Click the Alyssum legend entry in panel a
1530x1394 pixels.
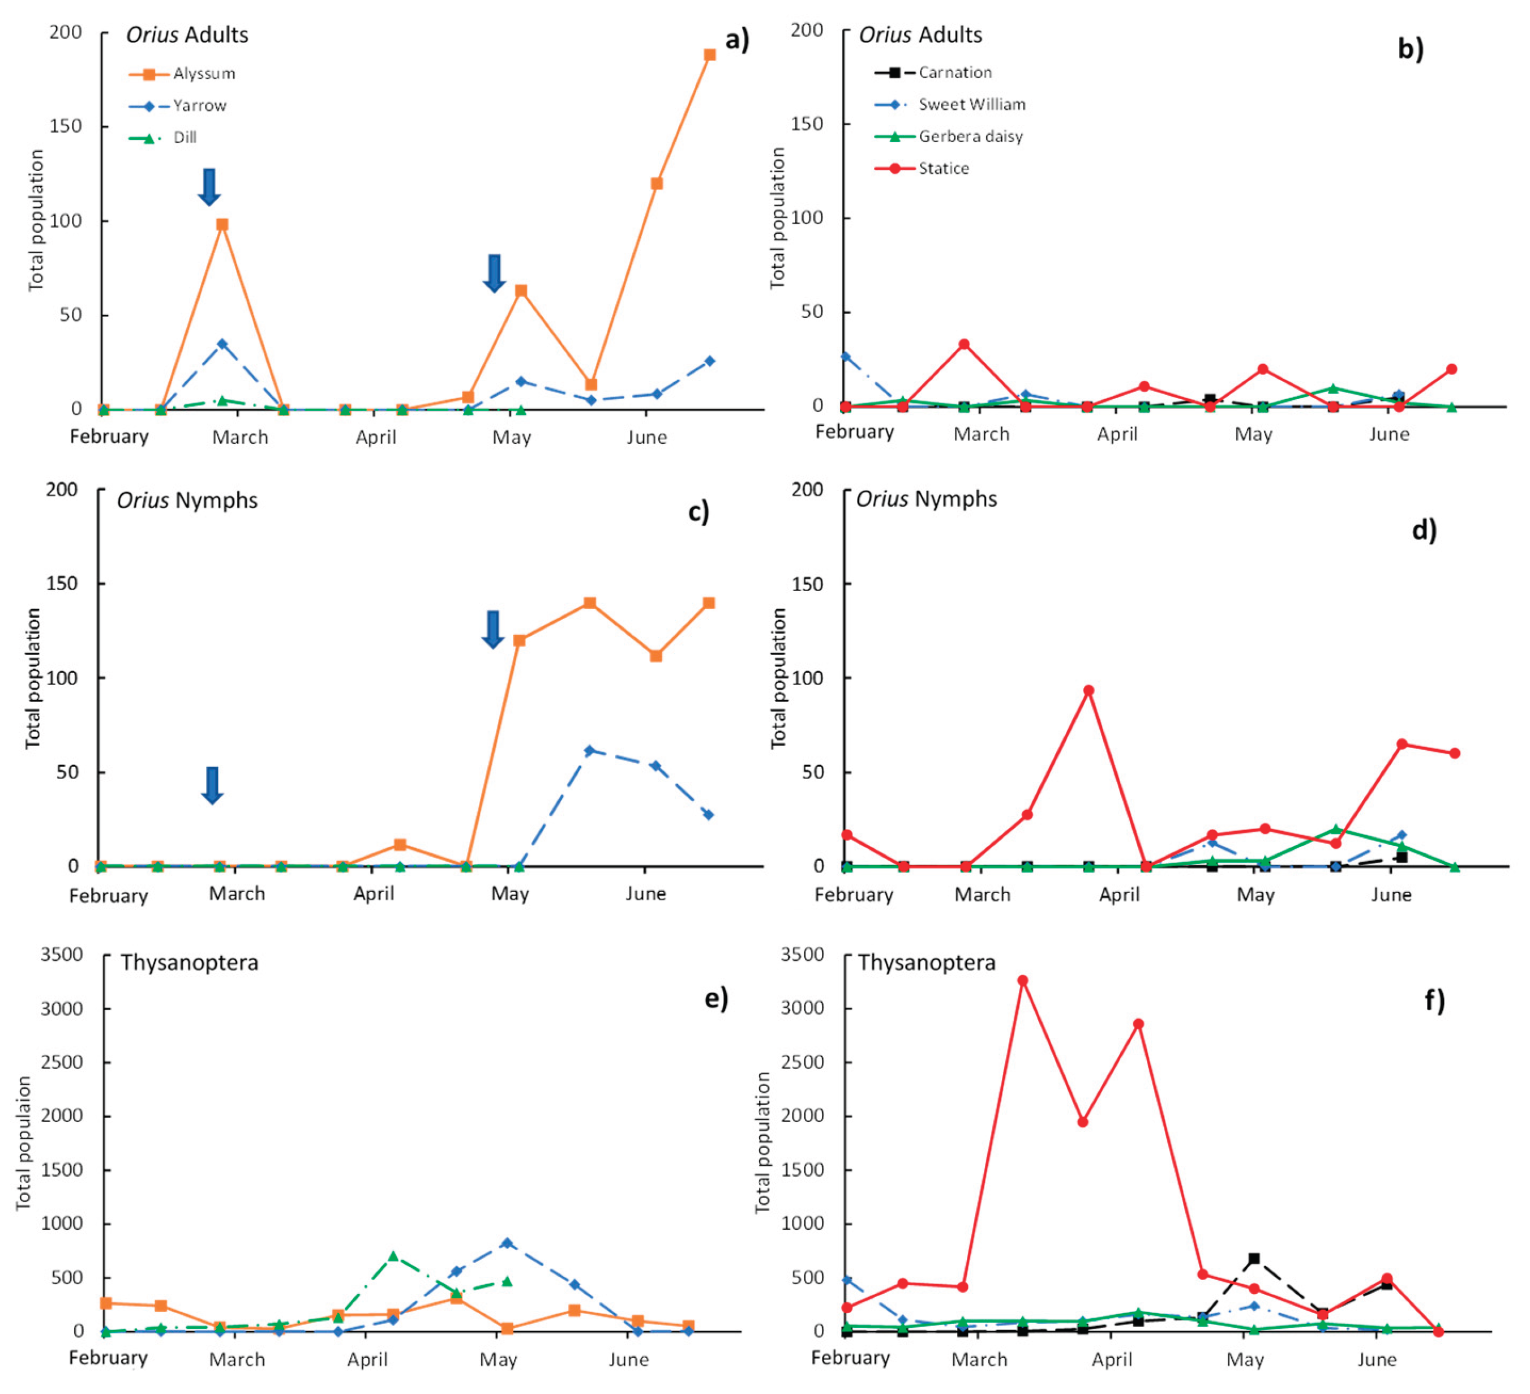pyautogui.click(x=203, y=74)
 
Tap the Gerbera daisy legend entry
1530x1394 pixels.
pyautogui.click(x=970, y=136)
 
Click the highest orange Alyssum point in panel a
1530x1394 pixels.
pyautogui.click(x=710, y=55)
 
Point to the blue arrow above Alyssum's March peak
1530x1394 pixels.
pyautogui.click(x=209, y=187)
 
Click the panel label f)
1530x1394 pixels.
pyautogui.click(x=1434, y=1000)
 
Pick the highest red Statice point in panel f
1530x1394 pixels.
pyautogui.click(x=1022, y=980)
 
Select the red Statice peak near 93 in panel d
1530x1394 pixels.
pyautogui.click(x=1088, y=690)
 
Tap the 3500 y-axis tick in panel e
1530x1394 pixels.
pyautogui.click(x=62, y=955)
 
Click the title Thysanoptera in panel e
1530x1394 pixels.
pyautogui.click(x=189, y=963)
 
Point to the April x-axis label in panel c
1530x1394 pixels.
pyautogui.click(x=374, y=893)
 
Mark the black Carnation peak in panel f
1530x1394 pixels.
pyautogui.click(x=1254, y=1258)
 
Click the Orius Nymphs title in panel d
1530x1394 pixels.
pyautogui.click(x=926, y=499)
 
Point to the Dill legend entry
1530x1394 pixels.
pyautogui.click(x=185, y=138)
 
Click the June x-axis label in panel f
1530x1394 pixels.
pyautogui.click(x=1376, y=1359)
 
